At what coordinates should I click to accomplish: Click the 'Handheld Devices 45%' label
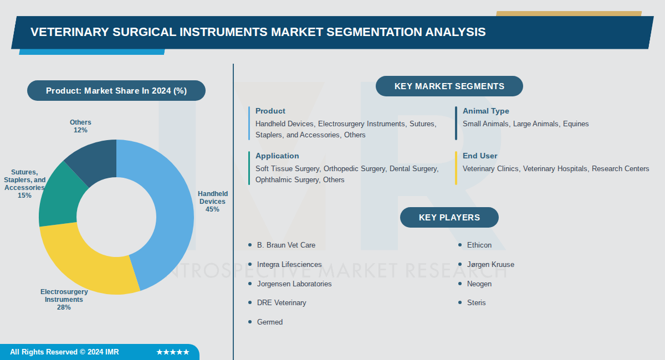[x=213, y=202]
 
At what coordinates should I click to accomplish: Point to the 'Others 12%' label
[x=80, y=126]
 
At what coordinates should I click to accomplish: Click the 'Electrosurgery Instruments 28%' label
[x=64, y=300]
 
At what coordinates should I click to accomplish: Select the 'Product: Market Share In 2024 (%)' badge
[x=116, y=91]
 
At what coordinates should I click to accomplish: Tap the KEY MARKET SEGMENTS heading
[x=449, y=86]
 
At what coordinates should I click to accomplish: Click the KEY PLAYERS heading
[x=449, y=218]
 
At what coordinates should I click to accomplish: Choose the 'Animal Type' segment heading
[x=485, y=111]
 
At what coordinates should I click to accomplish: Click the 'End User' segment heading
[x=480, y=156]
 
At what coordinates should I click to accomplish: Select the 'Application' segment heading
[x=277, y=156]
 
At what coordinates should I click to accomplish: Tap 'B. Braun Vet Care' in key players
[x=286, y=245]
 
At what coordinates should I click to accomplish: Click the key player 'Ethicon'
[x=479, y=245]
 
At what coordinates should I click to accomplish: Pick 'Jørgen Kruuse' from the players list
[x=490, y=264]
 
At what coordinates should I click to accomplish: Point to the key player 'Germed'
[x=269, y=322]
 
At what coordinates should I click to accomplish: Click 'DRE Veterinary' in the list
[x=281, y=302]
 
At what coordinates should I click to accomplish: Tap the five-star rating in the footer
[x=172, y=352]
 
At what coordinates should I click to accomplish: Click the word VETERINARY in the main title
[x=69, y=32]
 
